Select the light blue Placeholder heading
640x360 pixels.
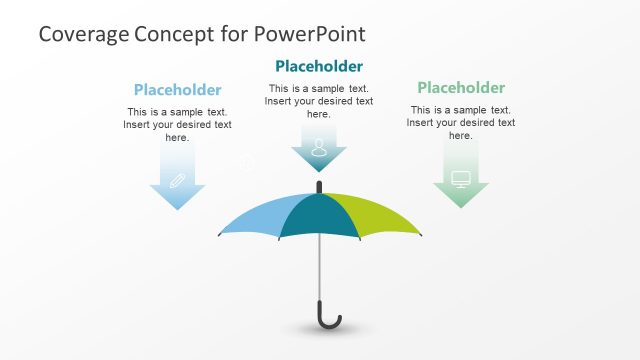[x=177, y=90]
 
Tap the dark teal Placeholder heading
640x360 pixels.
[x=318, y=67]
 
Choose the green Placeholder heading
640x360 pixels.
[x=461, y=88]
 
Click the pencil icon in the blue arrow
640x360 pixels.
[x=177, y=181]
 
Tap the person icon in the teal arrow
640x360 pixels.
[x=319, y=148]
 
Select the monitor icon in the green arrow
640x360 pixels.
[x=461, y=179]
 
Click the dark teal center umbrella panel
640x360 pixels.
[x=318, y=215]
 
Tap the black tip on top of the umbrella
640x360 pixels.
[x=319, y=186]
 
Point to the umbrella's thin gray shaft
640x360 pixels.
[x=320, y=270]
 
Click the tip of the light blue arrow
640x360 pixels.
[x=177, y=207]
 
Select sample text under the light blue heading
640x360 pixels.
[x=177, y=125]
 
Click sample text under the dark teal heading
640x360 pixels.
[x=318, y=101]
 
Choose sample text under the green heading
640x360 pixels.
[x=461, y=122]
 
